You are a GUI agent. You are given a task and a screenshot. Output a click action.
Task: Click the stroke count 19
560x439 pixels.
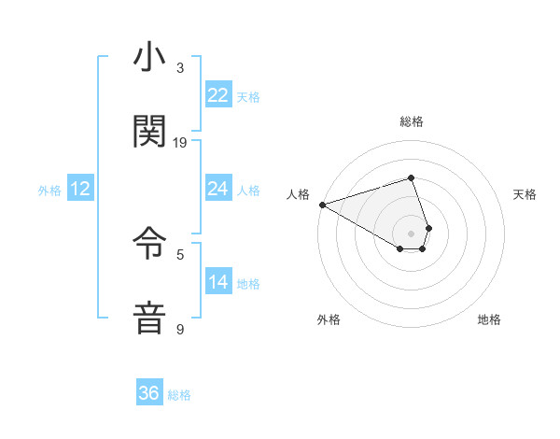pos(180,142)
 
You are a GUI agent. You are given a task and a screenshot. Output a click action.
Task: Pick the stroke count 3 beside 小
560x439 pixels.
pos(180,68)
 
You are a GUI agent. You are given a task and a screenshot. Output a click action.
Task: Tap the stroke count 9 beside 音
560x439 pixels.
pos(180,330)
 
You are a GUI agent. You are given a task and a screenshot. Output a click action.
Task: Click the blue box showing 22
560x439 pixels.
pos(217,95)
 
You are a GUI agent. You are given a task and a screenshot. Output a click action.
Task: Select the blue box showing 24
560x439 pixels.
pos(217,189)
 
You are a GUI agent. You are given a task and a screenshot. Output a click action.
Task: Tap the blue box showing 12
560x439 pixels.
pos(80,189)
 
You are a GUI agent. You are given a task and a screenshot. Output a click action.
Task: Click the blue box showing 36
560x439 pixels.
pos(149,393)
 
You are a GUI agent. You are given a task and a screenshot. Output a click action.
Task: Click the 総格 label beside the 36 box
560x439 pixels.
pos(179,395)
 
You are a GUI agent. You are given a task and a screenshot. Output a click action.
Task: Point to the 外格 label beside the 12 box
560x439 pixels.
pos(49,191)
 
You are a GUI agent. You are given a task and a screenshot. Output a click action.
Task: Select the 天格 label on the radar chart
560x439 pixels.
pos(525,194)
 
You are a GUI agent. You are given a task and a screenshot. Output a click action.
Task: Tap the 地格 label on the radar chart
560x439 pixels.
pos(489,319)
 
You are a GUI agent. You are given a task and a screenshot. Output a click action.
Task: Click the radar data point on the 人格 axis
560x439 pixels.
pos(322,205)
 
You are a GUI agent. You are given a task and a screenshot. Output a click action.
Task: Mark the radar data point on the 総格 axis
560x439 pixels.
pos(411,177)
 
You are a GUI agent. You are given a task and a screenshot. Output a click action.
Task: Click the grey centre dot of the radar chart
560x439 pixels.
pos(411,233)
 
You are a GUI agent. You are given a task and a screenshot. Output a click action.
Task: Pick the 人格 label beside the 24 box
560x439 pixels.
pos(248,191)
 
